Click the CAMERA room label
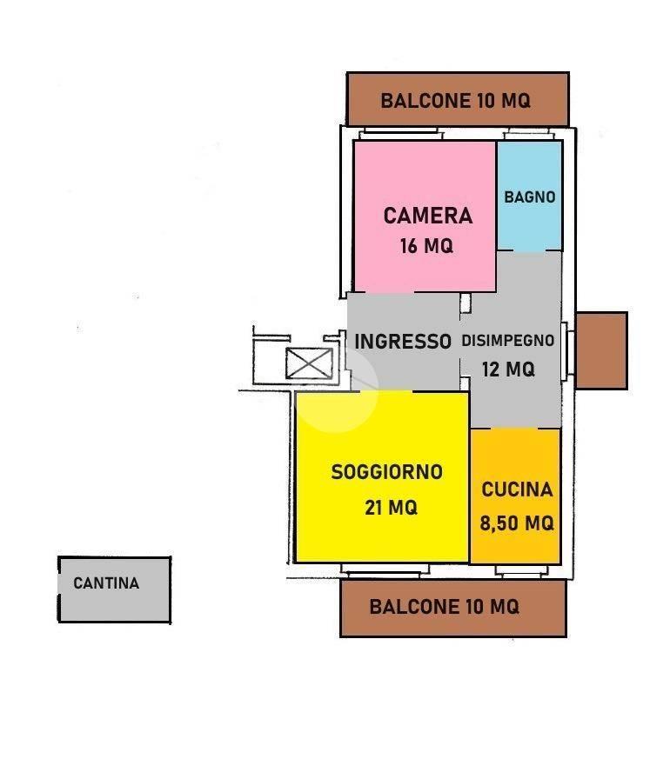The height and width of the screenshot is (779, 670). click(427, 216)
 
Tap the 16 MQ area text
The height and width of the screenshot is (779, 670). click(426, 245)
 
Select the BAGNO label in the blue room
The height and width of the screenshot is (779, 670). click(530, 196)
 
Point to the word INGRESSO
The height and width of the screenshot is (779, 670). click(403, 342)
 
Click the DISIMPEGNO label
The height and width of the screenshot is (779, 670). click(507, 340)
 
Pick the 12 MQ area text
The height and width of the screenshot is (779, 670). click(508, 370)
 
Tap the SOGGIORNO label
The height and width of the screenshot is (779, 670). click(386, 471)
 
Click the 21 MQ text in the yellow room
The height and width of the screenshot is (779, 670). click(391, 507)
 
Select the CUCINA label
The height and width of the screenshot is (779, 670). click(517, 489)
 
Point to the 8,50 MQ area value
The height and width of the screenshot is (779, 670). click(516, 523)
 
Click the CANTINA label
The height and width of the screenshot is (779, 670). click(106, 583)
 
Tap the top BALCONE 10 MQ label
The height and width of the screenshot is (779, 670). click(455, 101)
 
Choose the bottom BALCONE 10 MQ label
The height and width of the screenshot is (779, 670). click(445, 607)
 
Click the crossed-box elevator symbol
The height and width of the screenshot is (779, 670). click(309, 363)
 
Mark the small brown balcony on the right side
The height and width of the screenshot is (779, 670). click(601, 350)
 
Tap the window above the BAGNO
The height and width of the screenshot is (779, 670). click(529, 134)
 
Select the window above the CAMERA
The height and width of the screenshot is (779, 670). click(400, 133)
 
